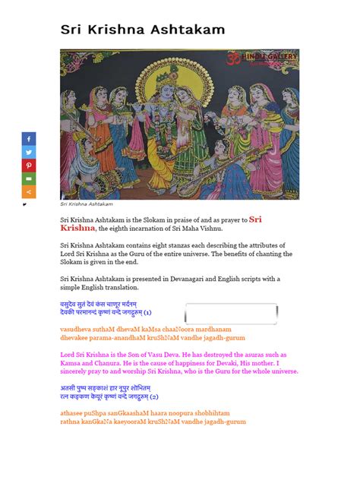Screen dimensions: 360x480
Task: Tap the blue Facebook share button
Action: (x=29, y=139)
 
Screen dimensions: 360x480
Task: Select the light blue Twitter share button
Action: (x=29, y=152)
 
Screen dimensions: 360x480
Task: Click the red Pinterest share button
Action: (x=29, y=165)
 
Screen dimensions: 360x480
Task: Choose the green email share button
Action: (x=29, y=178)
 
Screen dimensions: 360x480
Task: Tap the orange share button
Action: (x=29, y=191)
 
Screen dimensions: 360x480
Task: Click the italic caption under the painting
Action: (x=87, y=204)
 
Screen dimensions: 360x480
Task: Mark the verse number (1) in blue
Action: (x=147, y=311)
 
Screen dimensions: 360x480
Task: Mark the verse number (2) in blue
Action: (x=154, y=396)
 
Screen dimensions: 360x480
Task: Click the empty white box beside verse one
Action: (x=231, y=314)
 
